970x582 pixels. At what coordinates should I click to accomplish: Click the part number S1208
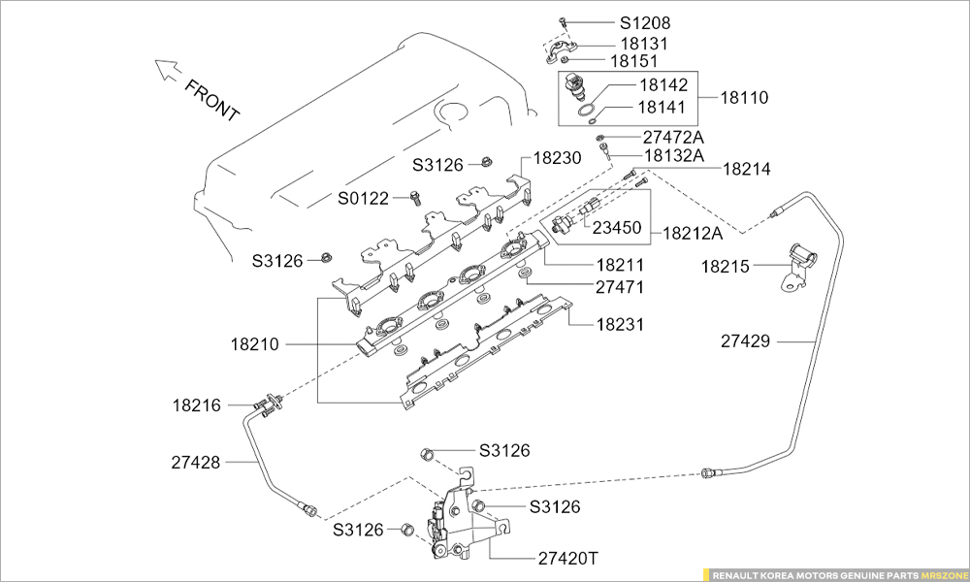tap(645, 21)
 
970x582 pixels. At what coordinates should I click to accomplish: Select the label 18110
tap(744, 97)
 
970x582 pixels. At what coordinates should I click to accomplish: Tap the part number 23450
tap(616, 229)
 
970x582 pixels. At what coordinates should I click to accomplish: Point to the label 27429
tap(745, 340)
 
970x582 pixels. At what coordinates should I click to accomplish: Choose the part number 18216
tap(197, 404)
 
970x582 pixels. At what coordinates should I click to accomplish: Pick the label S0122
tap(363, 199)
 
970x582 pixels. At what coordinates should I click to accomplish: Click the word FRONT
tap(211, 101)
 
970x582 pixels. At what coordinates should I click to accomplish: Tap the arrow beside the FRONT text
tap(167, 69)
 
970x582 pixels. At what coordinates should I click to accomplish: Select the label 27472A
tap(672, 138)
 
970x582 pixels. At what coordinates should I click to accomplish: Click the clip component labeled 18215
tap(802, 264)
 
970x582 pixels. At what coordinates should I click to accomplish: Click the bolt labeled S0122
tap(413, 199)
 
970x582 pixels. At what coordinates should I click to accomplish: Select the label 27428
tap(197, 464)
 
